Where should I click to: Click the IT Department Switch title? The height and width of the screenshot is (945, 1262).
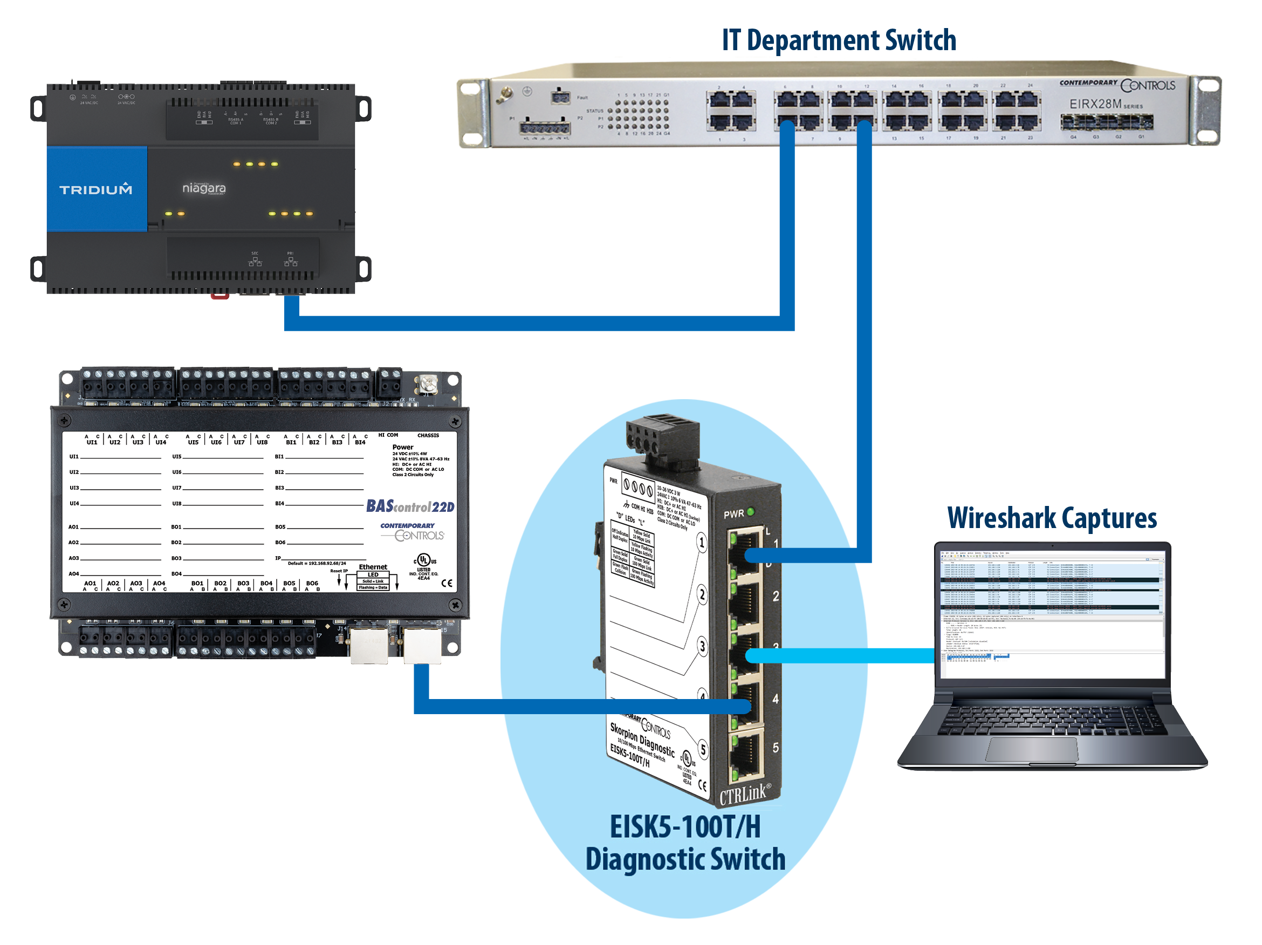click(838, 40)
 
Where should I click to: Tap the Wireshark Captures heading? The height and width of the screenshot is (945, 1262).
click(1052, 518)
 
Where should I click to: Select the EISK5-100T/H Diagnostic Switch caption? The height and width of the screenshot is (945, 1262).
click(685, 843)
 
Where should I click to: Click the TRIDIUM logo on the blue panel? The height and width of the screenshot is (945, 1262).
click(96, 189)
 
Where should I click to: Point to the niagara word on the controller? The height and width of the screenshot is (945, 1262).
click(204, 188)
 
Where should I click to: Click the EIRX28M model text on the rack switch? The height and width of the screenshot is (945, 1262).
click(1095, 104)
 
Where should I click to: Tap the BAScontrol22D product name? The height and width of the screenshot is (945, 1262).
click(410, 506)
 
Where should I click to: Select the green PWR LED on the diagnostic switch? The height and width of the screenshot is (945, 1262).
click(751, 511)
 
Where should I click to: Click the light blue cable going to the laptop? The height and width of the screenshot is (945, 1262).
click(845, 656)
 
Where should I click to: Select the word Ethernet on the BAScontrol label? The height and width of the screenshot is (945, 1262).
click(373, 567)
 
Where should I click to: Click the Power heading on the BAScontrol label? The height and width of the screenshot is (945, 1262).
click(403, 447)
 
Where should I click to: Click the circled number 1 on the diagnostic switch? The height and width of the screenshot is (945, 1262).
click(702, 542)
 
